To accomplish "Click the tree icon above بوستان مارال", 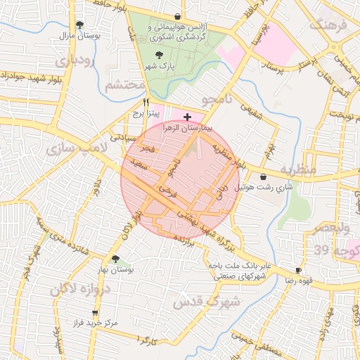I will pyautogui.click(x=79, y=24).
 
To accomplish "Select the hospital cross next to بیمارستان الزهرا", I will pyautogui.click(x=186, y=116).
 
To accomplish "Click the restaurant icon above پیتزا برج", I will pyautogui.click(x=146, y=101).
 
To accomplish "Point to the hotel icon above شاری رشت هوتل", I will pyautogui.click(x=263, y=176).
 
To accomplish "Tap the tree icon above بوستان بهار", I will pyautogui.click(x=115, y=259).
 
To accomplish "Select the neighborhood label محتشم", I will pyautogui.click(x=124, y=86).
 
